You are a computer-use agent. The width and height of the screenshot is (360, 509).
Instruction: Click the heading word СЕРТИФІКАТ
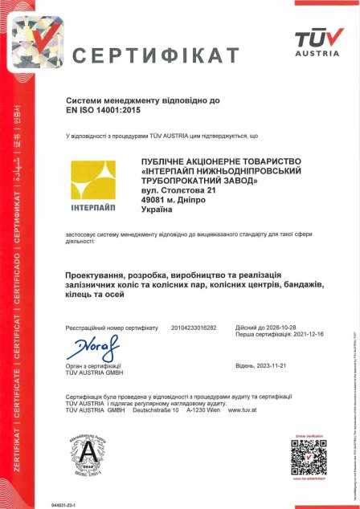[156, 55]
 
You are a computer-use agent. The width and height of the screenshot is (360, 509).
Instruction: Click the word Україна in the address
[157, 210]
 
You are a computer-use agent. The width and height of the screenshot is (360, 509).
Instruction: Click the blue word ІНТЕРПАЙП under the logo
[92, 209]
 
